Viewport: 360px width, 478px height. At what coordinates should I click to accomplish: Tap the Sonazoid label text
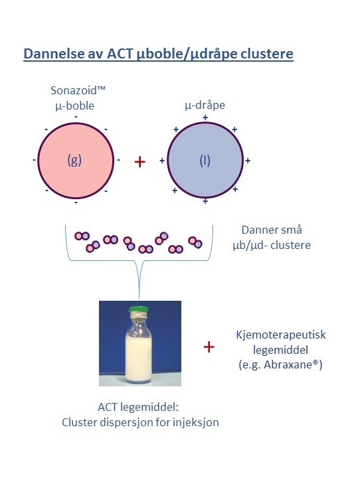point(78,90)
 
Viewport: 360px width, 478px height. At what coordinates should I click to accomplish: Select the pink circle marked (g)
point(76,161)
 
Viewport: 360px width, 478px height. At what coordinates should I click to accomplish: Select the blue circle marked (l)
point(205,160)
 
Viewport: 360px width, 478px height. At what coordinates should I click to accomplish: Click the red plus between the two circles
point(139,161)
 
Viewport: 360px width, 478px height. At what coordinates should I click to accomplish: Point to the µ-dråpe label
point(205,105)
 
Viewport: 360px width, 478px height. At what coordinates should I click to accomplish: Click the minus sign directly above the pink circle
point(76,117)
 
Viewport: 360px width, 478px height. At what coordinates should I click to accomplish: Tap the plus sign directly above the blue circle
point(205,118)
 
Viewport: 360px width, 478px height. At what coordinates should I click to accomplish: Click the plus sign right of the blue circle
point(248,161)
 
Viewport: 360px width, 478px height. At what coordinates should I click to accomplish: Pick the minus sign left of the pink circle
point(34,160)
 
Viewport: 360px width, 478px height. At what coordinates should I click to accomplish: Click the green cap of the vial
point(138,310)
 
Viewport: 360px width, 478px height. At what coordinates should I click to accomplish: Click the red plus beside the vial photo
point(209,347)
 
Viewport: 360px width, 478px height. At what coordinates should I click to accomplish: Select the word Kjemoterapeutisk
point(281,335)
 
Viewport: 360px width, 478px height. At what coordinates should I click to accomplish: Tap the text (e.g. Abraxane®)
point(280,364)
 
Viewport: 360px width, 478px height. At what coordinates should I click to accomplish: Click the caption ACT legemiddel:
point(138,407)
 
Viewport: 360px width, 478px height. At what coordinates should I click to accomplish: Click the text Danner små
point(272,230)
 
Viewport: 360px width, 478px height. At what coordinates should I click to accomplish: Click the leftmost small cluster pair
point(82,236)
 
